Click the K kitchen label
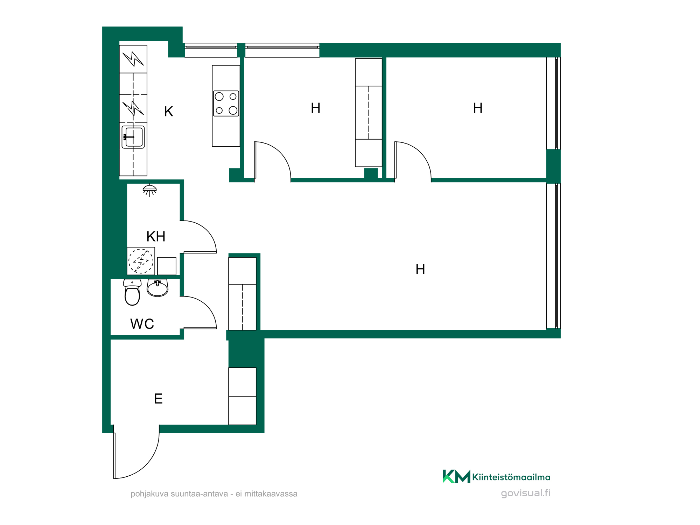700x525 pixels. tap(169, 112)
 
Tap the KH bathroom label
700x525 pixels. tap(156, 237)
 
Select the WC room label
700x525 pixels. tap(142, 324)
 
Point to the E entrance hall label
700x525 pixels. tap(158, 399)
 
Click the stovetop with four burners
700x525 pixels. tap(226, 104)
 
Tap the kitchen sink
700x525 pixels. tap(133, 137)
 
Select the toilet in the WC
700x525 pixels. tap(132, 292)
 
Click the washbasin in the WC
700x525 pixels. tap(157, 288)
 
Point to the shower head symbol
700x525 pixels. tap(150, 190)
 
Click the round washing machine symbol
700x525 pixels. tap(141, 261)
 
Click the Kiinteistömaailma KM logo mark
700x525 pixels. tap(456, 476)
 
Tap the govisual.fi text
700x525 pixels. tap(525, 493)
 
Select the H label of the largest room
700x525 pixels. tap(420, 269)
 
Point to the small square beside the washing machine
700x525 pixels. tap(167, 266)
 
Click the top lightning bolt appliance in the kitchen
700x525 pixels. tap(133, 59)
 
